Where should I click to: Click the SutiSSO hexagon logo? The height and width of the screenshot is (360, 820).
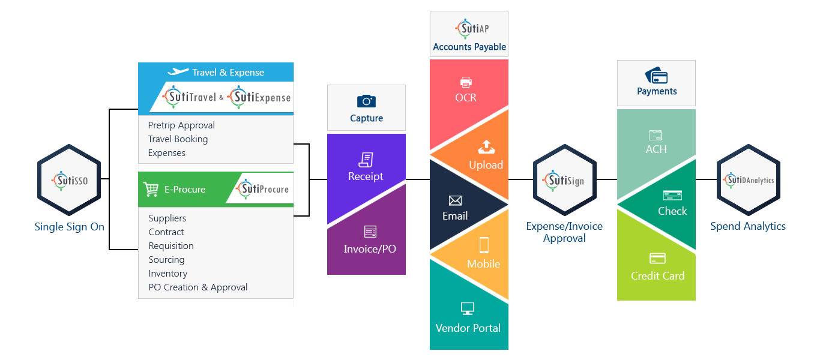68,179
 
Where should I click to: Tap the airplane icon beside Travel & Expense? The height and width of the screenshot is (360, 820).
178,72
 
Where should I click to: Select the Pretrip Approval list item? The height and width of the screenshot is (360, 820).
181,125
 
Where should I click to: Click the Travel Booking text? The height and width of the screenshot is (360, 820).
178,139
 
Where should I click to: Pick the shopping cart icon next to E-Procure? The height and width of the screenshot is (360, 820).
151,190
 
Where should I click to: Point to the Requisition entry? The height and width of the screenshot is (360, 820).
171,246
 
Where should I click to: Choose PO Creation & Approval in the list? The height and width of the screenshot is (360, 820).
198,287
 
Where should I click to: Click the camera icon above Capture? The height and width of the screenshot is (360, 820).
366,101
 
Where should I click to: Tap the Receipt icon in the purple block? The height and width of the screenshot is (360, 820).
366,160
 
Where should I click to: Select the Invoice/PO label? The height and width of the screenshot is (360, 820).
370,249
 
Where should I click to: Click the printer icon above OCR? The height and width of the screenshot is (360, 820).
466,82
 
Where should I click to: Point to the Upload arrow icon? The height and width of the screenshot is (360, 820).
485,146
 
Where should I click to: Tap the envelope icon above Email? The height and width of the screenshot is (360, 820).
455,200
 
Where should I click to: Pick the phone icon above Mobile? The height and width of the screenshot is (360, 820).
484,245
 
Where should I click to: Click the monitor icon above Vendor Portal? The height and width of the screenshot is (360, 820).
468,309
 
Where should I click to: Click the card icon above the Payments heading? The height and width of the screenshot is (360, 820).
657,76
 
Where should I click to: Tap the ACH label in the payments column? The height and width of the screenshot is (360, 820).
656,149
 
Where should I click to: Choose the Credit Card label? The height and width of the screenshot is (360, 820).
657,276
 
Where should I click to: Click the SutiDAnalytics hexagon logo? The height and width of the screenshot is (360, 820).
749,179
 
